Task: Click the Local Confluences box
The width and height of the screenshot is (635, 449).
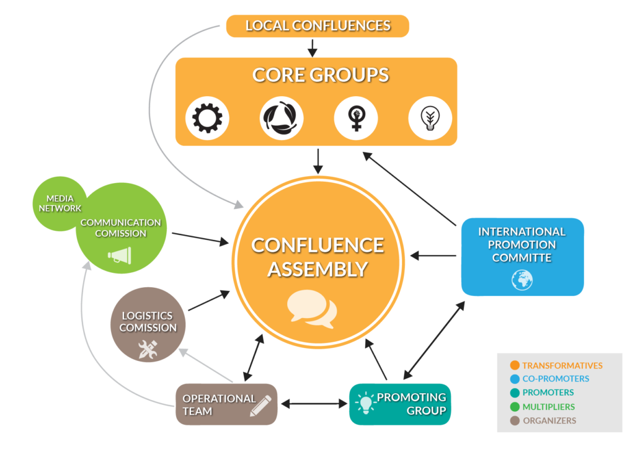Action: [x=317, y=25]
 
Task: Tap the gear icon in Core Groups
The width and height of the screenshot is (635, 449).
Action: [x=208, y=118]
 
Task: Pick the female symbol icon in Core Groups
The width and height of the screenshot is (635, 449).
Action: [x=356, y=118]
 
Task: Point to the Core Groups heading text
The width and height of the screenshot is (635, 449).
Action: [x=320, y=75]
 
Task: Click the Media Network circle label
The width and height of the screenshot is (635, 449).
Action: [x=60, y=203]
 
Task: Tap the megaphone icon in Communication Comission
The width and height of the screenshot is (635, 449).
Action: [x=120, y=255]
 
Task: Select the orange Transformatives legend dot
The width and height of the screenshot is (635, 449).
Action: [x=513, y=365]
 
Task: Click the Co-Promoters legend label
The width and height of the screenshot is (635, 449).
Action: [x=556, y=379]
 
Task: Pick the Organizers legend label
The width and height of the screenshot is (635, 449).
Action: [x=549, y=420]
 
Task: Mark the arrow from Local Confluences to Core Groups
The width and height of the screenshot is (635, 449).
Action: [x=313, y=47]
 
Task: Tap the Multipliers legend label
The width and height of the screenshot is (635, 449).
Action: [x=548, y=407]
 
